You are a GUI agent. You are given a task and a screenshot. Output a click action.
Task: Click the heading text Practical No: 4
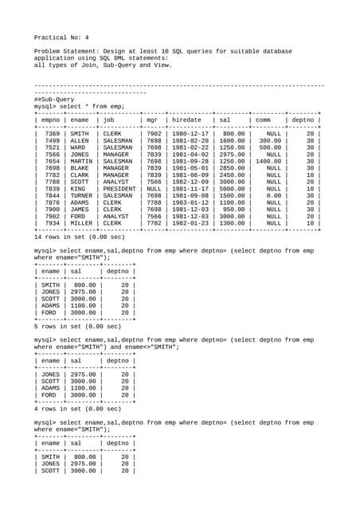(61, 37)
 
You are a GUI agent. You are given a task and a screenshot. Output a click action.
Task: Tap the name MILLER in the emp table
(80, 224)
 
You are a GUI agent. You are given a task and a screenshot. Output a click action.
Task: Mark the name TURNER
(80, 196)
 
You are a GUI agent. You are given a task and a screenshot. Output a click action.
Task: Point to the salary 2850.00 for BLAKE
(232, 168)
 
